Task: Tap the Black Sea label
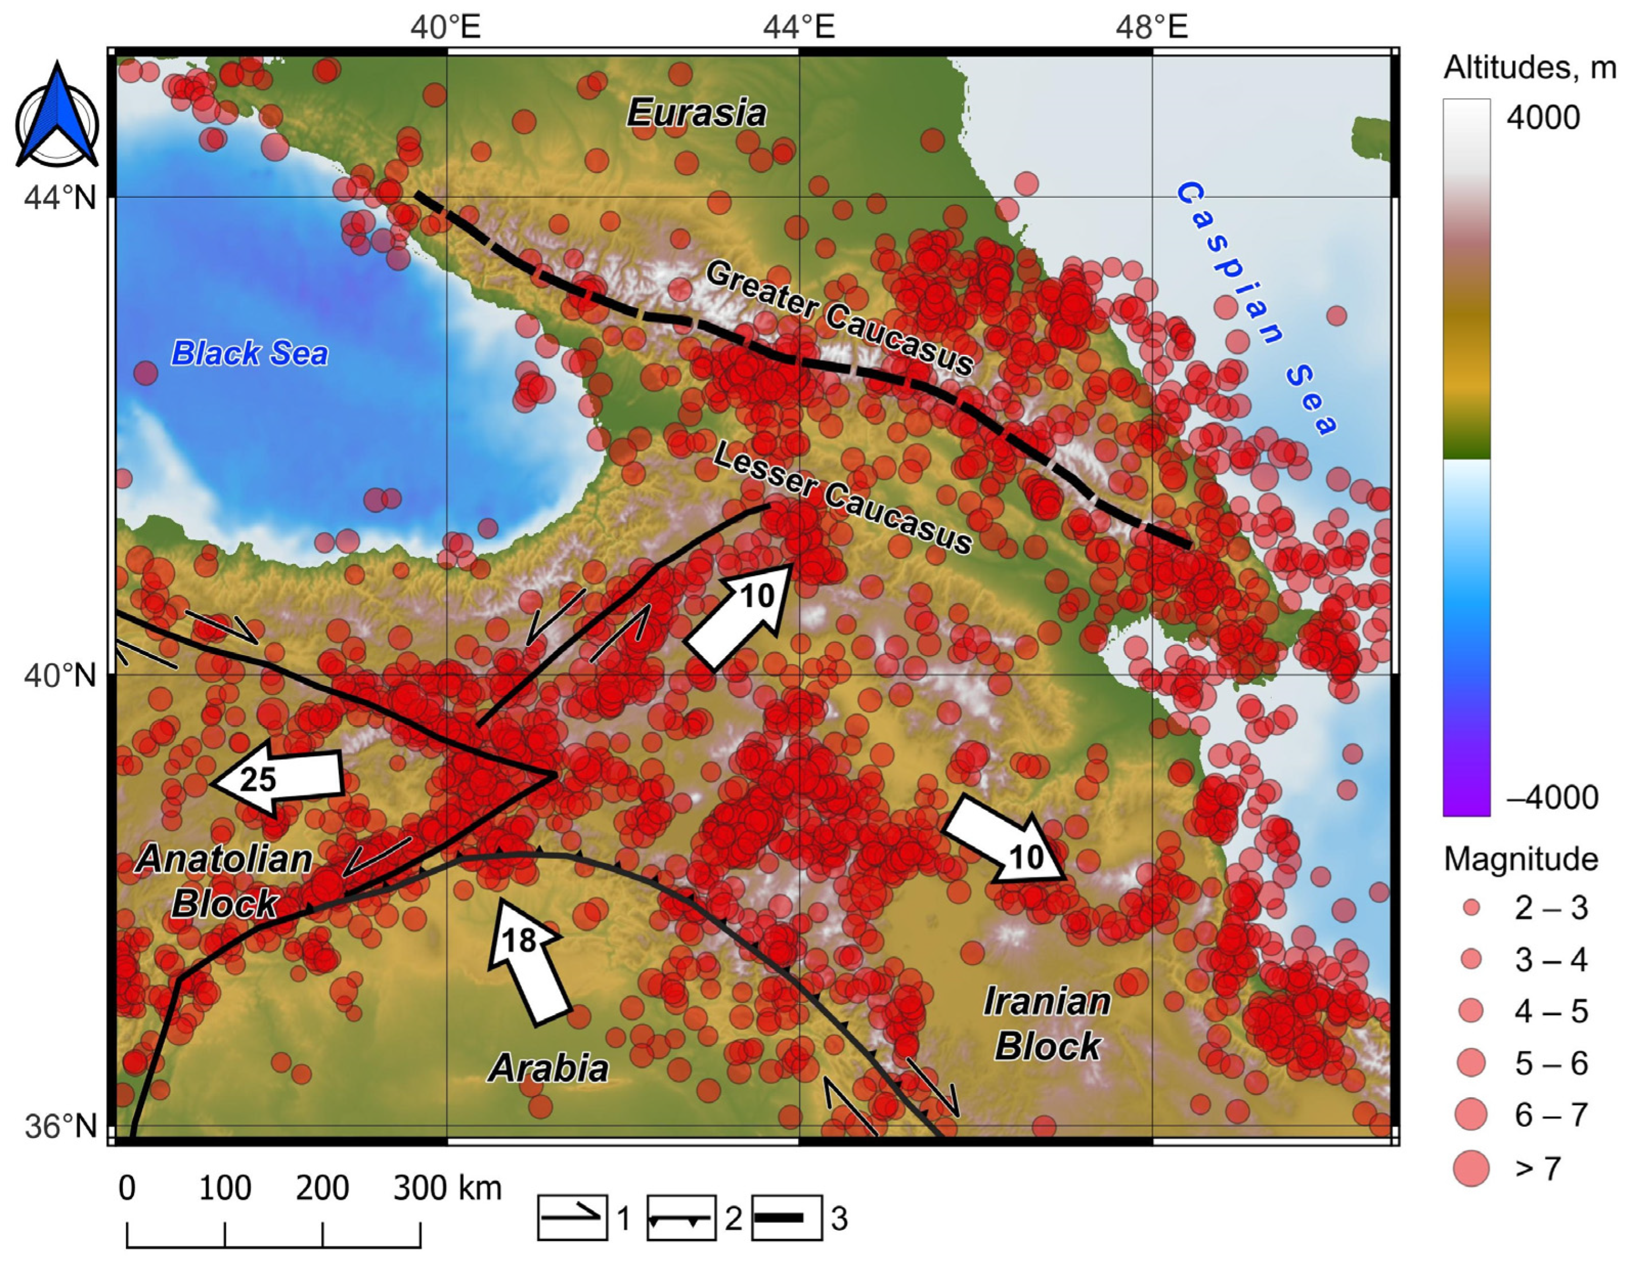tap(249, 353)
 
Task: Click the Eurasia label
tap(696, 113)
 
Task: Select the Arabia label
tap(548, 1068)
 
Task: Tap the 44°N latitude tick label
tap(61, 198)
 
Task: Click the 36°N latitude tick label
tap(61, 1127)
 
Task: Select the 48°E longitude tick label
tap(1151, 27)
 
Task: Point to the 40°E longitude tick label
tap(445, 27)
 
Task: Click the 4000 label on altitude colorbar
tap(1542, 118)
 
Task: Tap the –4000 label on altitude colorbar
tap(1552, 798)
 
